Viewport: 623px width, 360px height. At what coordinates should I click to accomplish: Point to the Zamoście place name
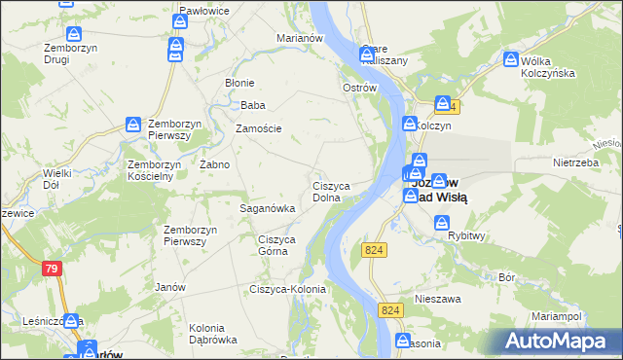pos(259,128)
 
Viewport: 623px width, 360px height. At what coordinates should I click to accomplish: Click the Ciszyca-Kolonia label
pos(287,289)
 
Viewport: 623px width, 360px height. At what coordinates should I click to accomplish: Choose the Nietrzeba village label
pos(573,163)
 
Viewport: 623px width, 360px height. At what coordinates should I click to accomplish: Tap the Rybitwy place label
pos(466,235)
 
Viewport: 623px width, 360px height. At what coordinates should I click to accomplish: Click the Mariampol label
pos(557,317)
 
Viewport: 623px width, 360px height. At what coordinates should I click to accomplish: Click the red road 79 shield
pos(52,268)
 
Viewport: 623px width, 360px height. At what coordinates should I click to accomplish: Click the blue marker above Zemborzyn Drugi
pos(65,5)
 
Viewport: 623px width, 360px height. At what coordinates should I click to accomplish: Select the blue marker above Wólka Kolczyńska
pos(512,60)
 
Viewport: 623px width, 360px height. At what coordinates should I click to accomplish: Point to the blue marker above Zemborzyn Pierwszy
pos(134,125)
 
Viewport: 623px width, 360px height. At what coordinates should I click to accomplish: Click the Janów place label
pos(170,287)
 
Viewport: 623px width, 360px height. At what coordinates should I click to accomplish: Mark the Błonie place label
pos(239,83)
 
